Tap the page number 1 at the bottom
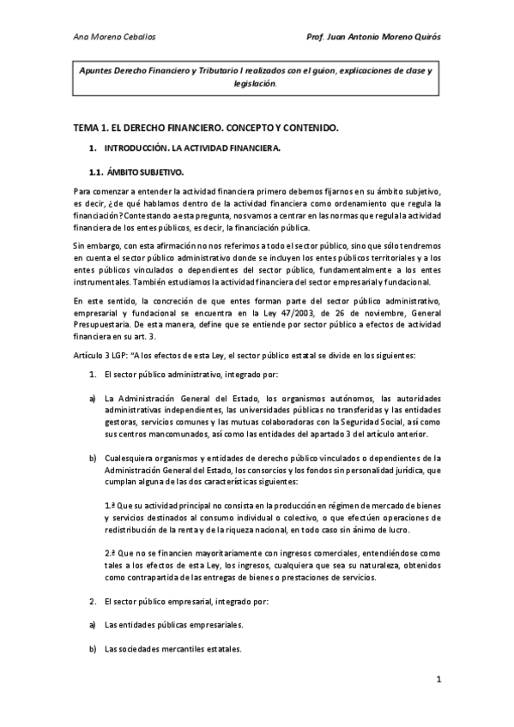(438, 682)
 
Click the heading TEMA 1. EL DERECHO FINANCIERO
(206, 128)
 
